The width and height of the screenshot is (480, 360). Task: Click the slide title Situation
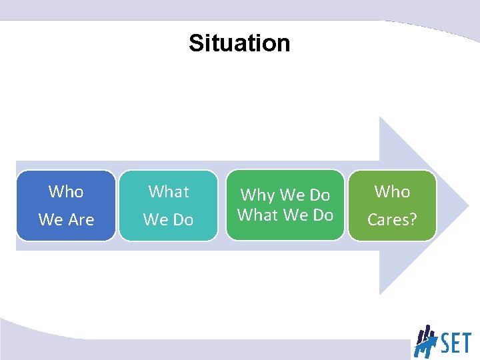click(x=239, y=43)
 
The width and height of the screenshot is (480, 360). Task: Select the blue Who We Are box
click(x=66, y=205)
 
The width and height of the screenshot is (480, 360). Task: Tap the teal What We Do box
click(x=168, y=205)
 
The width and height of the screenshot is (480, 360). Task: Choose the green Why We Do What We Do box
click(x=285, y=205)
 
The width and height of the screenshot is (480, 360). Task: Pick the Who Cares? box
click(x=392, y=205)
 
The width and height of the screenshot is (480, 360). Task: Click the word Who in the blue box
click(x=66, y=192)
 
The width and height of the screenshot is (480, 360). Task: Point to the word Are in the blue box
click(x=81, y=219)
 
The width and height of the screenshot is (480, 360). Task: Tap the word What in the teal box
click(x=169, y=192)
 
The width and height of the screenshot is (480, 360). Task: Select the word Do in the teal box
click(x=183, y=219)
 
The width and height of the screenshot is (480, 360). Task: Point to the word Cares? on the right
click(x=392, y=219)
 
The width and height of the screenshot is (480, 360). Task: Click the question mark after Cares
click(x=413, y=219)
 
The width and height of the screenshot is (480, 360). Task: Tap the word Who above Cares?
click(x=392, y=192)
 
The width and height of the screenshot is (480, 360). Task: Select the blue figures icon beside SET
click(x=425, y=341)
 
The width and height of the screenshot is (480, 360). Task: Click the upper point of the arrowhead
click(x=381, y=118)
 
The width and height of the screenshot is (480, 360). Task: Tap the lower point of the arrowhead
click(x=381, y=293)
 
